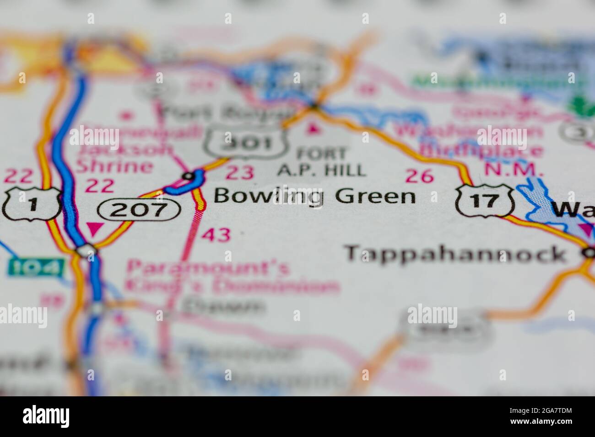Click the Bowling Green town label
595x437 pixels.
coord(315,197)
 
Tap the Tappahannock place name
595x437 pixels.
coord(455,254)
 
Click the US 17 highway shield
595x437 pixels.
coord(485,201)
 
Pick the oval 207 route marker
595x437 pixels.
coord(139,210)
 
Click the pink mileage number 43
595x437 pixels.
coord(216,235)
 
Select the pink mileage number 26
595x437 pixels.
coord(419,176)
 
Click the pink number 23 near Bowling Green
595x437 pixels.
coord(240,173)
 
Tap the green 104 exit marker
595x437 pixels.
coord(35,267)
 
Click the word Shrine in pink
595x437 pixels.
coord(114,166)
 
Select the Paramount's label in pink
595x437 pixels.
coord(208,268)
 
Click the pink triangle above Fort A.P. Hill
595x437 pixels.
coord(314,130)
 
